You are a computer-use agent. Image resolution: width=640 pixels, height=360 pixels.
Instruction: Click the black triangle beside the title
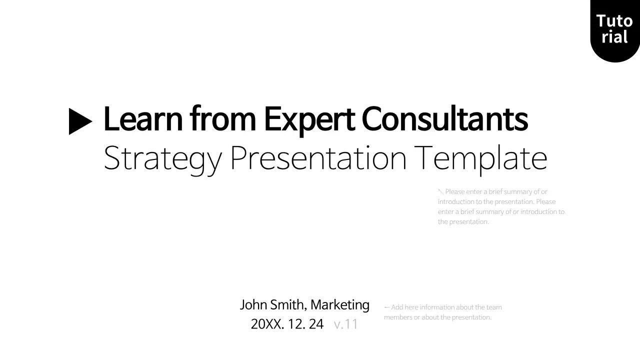click(79, 121)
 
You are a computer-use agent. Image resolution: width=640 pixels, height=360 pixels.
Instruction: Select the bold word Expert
click(309, 120)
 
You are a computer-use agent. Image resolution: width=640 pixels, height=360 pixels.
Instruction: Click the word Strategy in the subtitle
click(162, 159)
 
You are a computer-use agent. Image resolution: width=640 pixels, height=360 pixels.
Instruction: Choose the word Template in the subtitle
click(480, 159)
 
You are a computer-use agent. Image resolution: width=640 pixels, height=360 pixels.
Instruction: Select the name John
click(253, 304)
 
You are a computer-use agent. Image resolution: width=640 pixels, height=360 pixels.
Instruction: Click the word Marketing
click(340, 305)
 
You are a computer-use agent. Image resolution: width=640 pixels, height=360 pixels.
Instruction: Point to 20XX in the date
click(267, 324)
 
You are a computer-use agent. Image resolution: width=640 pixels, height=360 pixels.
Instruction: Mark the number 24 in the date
click(316, 324)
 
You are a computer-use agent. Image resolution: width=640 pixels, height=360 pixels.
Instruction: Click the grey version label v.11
click(346, 324)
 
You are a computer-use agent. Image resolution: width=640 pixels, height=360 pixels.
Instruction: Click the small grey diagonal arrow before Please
click(440, 191)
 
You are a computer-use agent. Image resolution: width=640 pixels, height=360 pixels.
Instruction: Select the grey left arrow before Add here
click(386, 307)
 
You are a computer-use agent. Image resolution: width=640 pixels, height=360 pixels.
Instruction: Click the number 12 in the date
click(296, 324)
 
